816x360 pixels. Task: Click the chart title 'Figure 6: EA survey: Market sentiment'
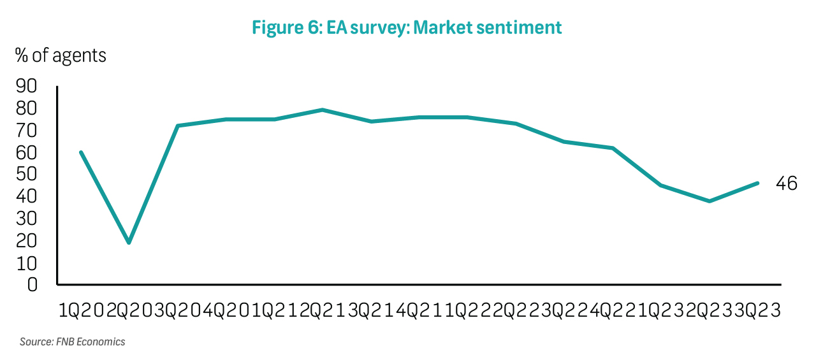(407, 27)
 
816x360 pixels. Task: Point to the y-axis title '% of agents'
(61, 55)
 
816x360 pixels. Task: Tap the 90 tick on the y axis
(26, 86)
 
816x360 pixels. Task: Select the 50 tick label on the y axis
(26, 175)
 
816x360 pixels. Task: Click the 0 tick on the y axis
(32, 284)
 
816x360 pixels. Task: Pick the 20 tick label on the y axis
(26, 241)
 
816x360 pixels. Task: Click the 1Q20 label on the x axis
(81, 311)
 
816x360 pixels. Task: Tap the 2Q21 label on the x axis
(323, 311)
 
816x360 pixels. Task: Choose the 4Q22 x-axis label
(613, 311)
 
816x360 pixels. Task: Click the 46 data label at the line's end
(786, 184)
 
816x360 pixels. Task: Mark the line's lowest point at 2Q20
(129, 243)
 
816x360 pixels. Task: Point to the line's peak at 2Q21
(323, 110)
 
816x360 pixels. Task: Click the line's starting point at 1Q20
(81, 152)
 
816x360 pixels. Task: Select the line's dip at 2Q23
(710, 201)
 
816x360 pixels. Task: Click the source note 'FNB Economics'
(72, 342)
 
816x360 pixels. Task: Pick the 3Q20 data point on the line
(177, 126)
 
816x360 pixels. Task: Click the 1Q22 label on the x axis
(467, 311)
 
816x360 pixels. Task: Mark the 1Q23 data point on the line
(661, 185)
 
